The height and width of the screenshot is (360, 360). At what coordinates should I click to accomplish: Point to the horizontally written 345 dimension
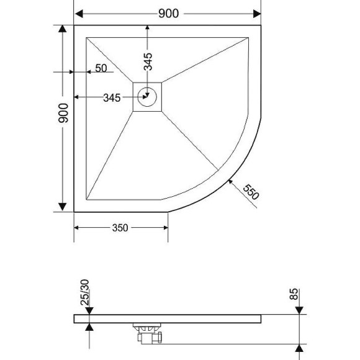click(x=112, y=97)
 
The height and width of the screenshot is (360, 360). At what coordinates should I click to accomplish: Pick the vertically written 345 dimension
click(x=148, y=63)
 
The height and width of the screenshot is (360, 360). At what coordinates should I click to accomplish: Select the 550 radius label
click(x=250, y=192)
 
